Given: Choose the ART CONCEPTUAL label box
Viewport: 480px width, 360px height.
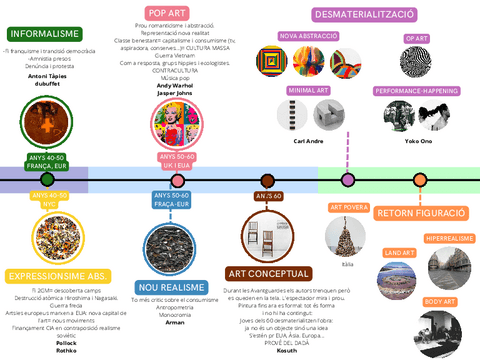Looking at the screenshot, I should tap(267, 273).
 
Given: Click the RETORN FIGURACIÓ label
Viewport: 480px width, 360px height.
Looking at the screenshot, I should tap(421, 213).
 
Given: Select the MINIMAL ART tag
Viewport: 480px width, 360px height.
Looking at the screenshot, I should tap(309, 90).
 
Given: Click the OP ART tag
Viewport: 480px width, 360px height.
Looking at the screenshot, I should tap(417, 38).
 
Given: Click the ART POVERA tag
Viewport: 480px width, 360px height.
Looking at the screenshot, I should tap(349, 208).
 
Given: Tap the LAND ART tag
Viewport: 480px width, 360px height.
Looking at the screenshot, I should tap(400, 253).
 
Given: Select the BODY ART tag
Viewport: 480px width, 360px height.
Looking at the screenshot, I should tap(440, 300).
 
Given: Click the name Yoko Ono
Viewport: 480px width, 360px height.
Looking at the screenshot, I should tap(418, 141).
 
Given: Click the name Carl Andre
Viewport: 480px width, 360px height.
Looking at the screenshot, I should tap(308, 141).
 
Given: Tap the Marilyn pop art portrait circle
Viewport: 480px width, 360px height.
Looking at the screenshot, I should tap(178, 124).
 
